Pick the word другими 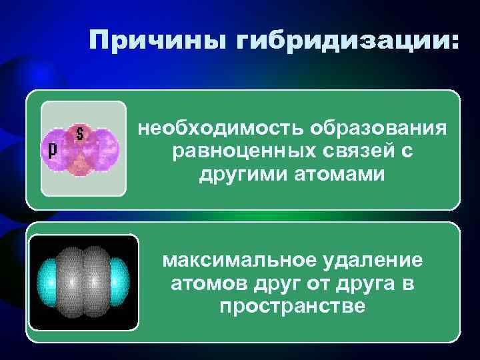click(241, 175)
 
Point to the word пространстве click(292, 307)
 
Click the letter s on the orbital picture click(80, 133)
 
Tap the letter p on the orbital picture click(51, 149)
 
